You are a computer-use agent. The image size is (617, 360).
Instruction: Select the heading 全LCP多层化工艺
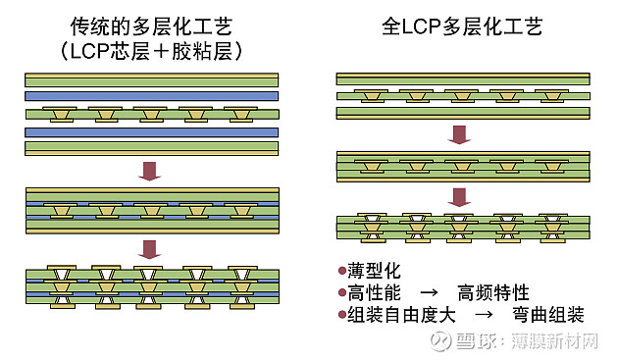click(x=462, y=26)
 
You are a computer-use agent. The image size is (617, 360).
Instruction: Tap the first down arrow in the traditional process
click(x=149, y=170)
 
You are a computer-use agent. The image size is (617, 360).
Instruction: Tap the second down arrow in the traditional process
click(x=149, y=249)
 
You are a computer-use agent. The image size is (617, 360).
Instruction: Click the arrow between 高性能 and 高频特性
click(x=429, y=293)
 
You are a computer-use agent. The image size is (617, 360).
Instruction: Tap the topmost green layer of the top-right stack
click(x=462, y=77)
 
